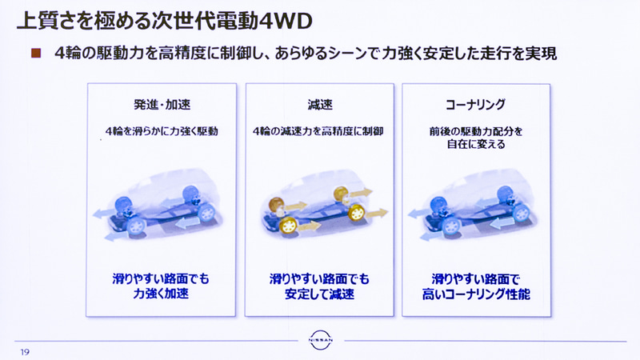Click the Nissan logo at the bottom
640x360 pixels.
[321, 340]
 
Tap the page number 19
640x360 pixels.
[25, 352]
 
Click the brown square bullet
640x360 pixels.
[36, 53]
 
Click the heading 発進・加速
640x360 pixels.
[162, 105]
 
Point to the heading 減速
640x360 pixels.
[320, 105]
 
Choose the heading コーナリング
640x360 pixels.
[475, 105]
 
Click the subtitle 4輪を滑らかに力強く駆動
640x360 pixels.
[162, 131]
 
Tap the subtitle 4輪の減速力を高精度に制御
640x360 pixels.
[318, 131]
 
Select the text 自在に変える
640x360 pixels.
[476, 144]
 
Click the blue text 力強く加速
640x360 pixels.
[161, 294]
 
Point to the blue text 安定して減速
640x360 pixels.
[319, 294]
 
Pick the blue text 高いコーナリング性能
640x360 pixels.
[476, 294]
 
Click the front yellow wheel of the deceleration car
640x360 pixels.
[289, 225]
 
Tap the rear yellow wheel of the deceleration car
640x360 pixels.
[356, 212]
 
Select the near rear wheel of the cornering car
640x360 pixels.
[521, 213]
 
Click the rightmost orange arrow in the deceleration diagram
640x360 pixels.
[377, 213]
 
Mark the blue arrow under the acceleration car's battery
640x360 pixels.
[187, 222]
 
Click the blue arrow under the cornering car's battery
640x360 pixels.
[502, 223]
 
